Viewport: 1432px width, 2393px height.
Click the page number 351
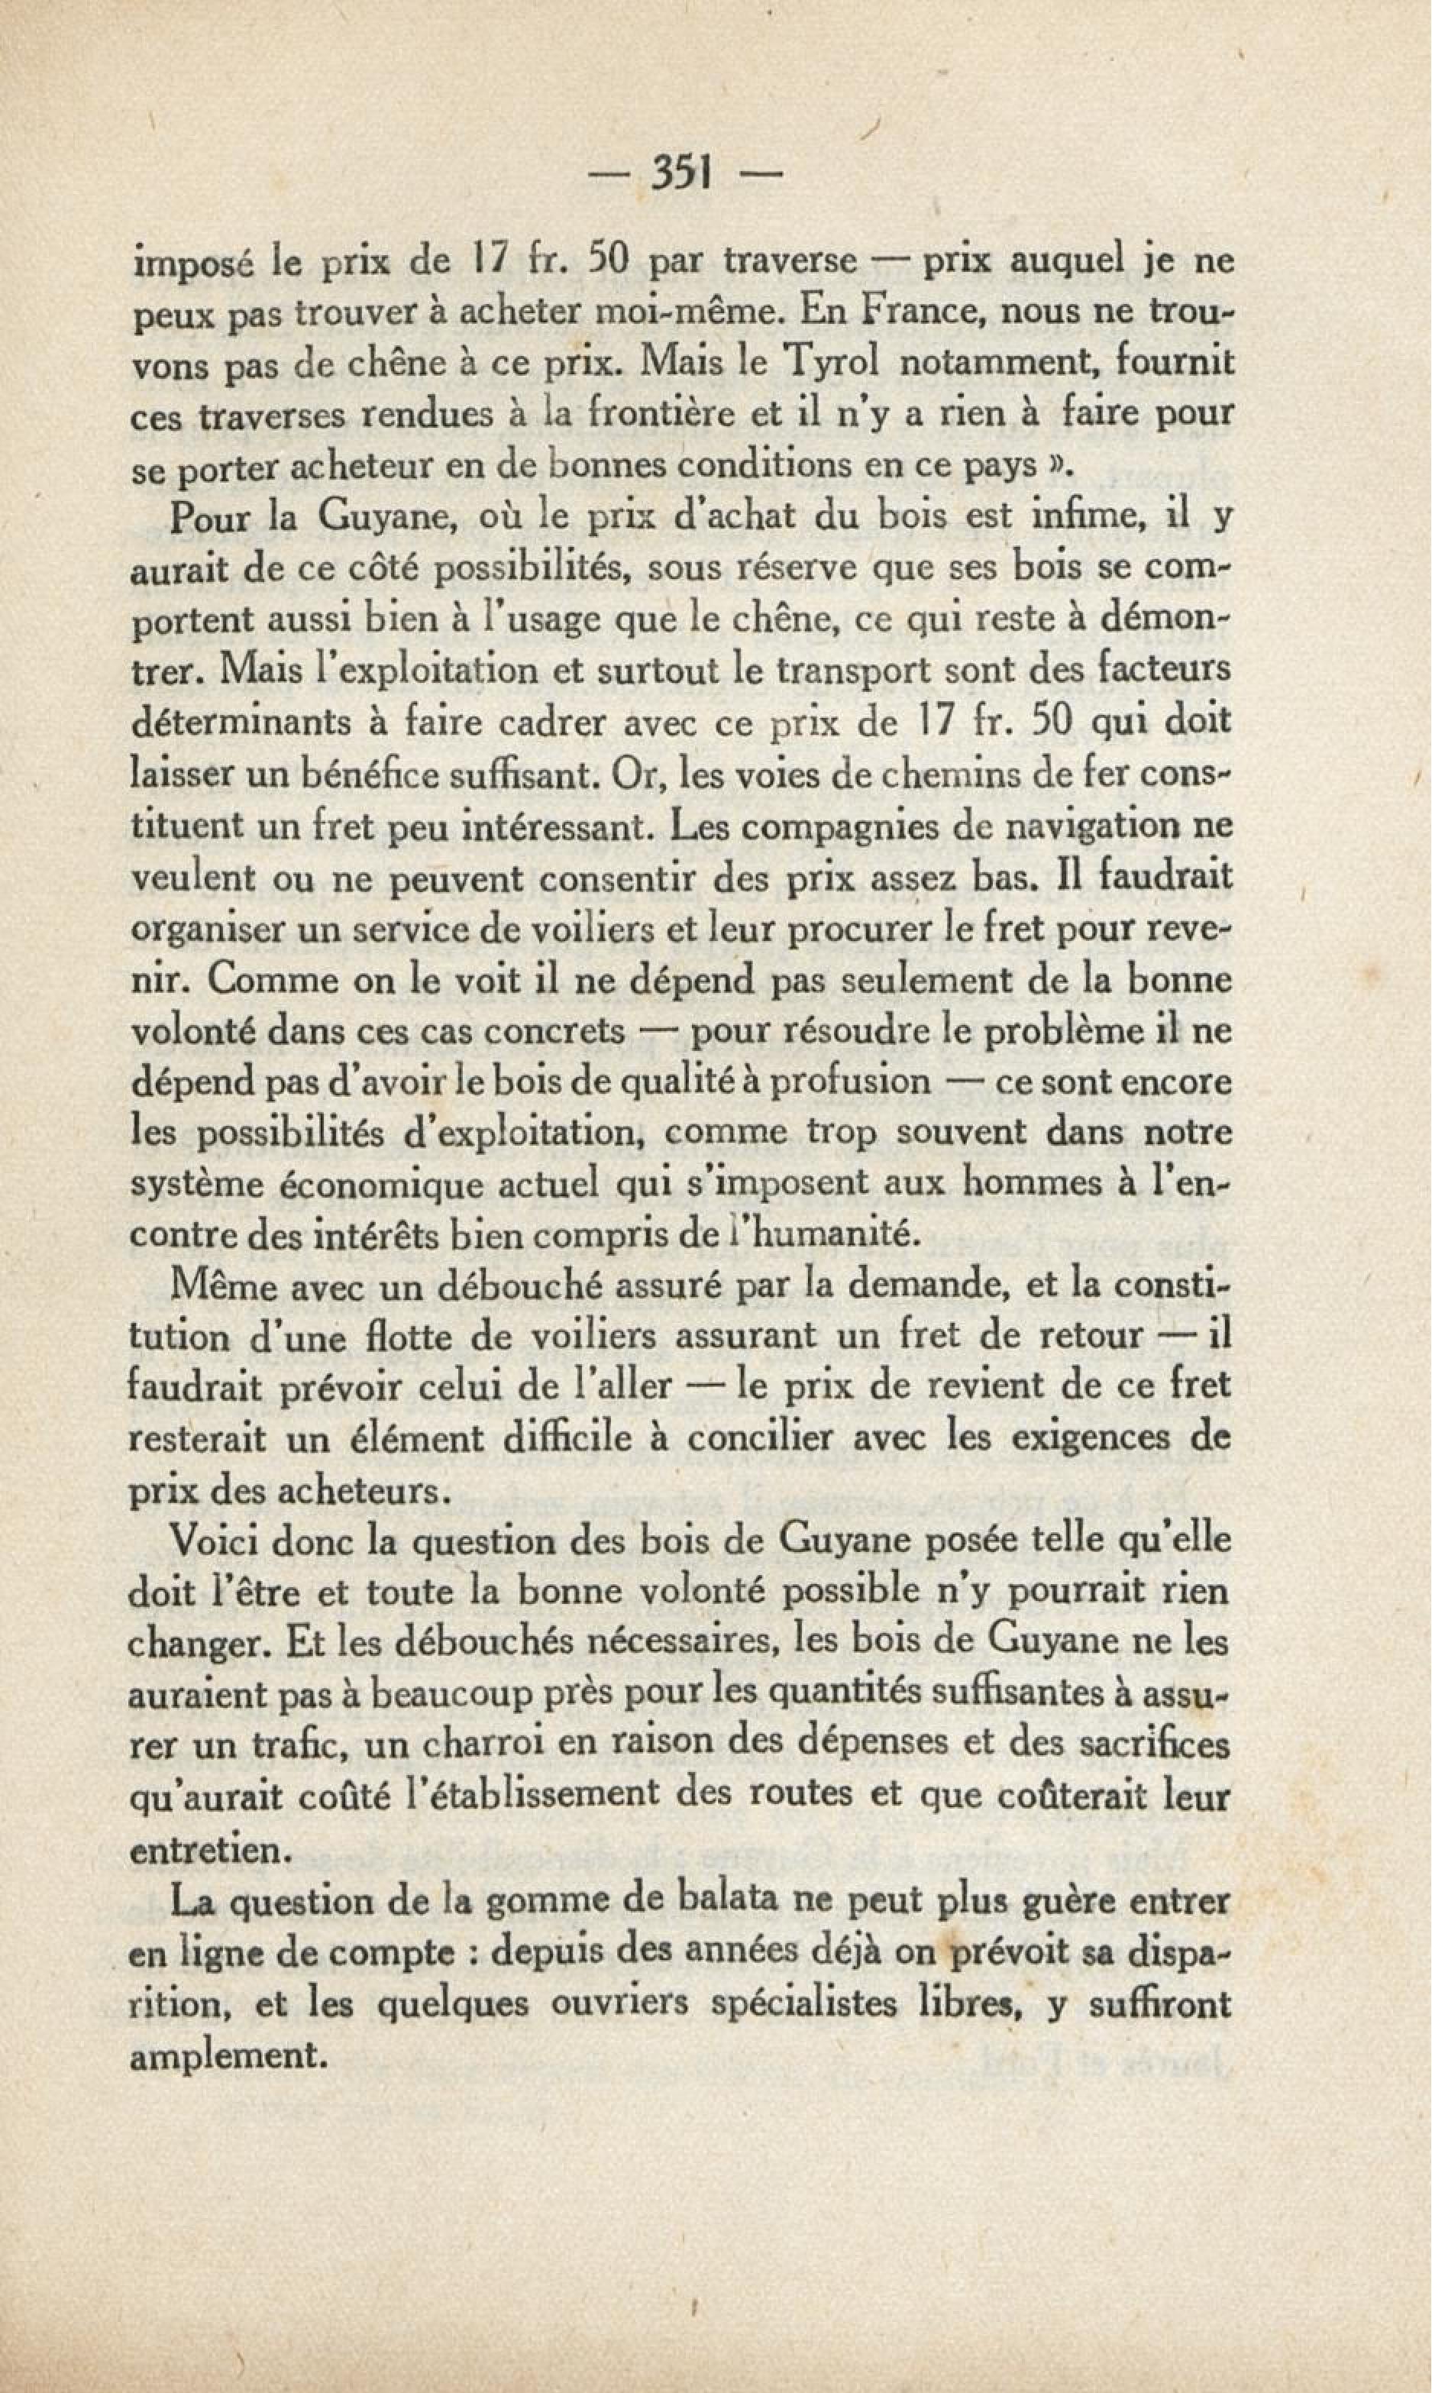tap(681, 175)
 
